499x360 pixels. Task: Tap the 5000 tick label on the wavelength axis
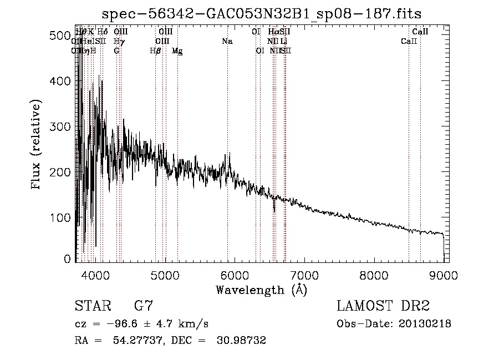click(165, 275)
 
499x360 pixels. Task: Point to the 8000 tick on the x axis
click(374, 275)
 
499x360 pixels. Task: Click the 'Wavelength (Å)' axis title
click(261, 290)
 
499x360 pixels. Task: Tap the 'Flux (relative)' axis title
click(37, 146)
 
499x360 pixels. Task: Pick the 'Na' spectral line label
click(227, 41)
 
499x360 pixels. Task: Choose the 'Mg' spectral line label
click(177, 51)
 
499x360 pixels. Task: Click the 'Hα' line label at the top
click(273, 32)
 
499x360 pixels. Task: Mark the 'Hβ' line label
click(155, 51)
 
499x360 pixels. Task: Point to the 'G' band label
click(116, 51)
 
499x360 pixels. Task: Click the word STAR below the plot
click(92, 306)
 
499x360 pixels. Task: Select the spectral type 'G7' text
click(144, 306)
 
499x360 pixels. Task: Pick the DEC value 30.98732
click(243, 341)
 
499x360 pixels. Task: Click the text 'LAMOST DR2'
click(383, 306)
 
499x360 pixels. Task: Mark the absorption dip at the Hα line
click(274, 209)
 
